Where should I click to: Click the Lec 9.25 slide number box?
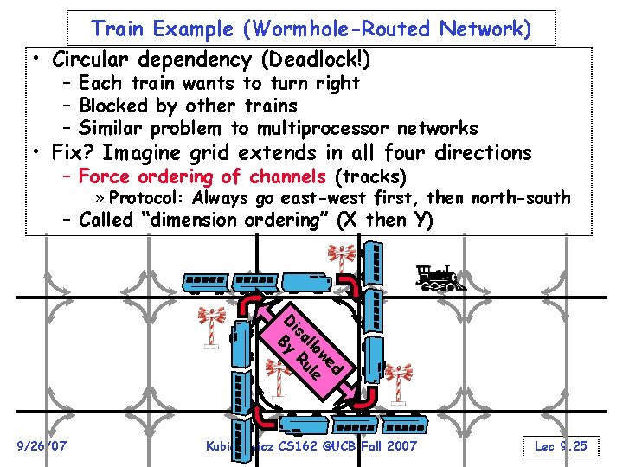click(561, 445)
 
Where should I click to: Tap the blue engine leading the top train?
click(300, 282)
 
